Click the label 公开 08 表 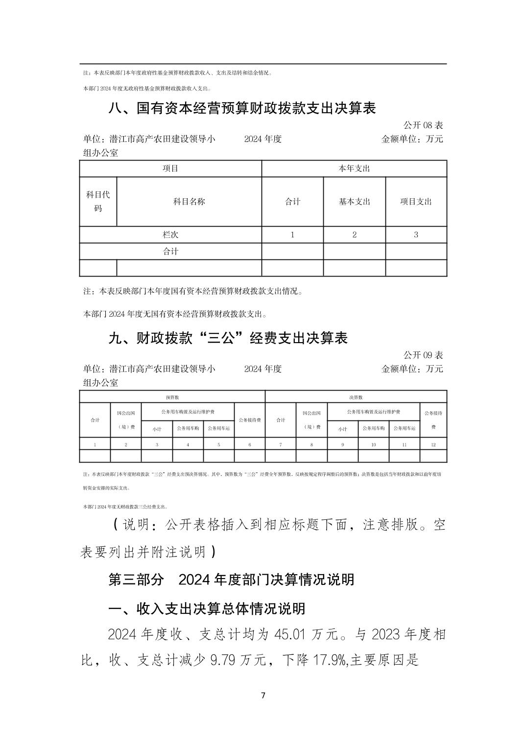click(x=423, y=125)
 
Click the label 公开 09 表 click(x=423, y=355)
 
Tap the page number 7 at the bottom click(x=263, y=696)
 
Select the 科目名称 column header click(x=189, y=202)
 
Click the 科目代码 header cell click(x=98, y=202)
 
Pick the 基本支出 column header click(x=354, y=202)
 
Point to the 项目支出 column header click(x=416, y=202)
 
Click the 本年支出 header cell click(x=354, y=168)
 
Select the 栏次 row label click(x=170, y=234)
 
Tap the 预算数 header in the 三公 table click(x=172, y=397)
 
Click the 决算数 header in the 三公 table click(x=356, y=397)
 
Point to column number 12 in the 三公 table click(x=433, y=444)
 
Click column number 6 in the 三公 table click(x=250, y=444)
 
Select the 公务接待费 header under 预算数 click(x=250, y=420)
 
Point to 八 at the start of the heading click(x=115, y=108)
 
